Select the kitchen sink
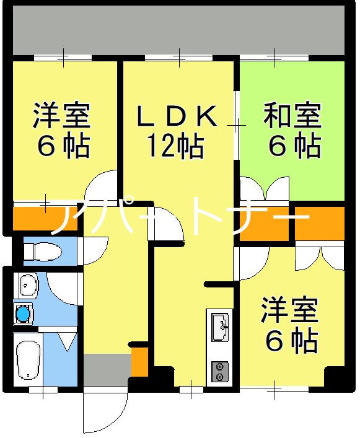220,326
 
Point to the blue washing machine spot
24,313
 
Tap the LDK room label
177,116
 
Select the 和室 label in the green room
292,116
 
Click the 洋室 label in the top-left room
62,115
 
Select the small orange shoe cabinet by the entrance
139,362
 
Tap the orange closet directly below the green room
319,222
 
